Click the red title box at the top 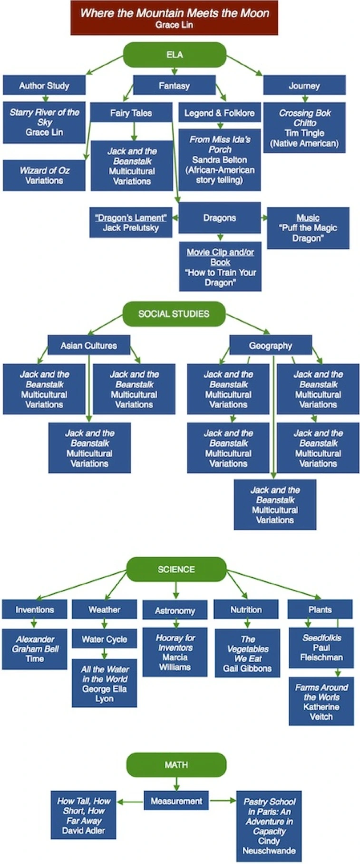(174, 18)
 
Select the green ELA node (175, 55)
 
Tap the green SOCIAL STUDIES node (174, 314)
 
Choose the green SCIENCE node (176, 569)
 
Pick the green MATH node (176, 765)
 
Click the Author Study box (44, 86)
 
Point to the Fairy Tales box (131, 113)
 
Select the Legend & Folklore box (219, 113)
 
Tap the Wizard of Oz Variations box (44, 175)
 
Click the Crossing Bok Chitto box (304, 128)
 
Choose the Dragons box (219, 217)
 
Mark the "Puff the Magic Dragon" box (308, 227)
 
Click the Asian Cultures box (88, 345)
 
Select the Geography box (271, 345)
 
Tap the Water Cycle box (104, 639)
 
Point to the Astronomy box (175, 610)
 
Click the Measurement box (176, 801)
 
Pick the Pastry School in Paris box (269, 826)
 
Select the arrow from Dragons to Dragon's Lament (175, 218)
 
